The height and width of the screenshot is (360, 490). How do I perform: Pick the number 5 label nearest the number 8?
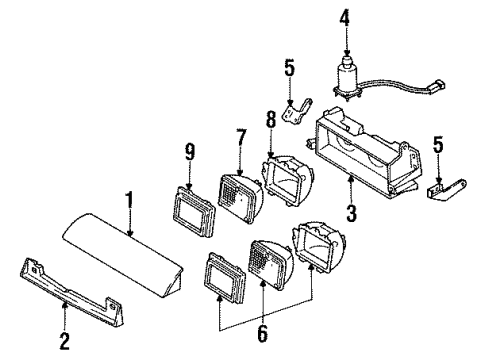coord(289,69)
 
